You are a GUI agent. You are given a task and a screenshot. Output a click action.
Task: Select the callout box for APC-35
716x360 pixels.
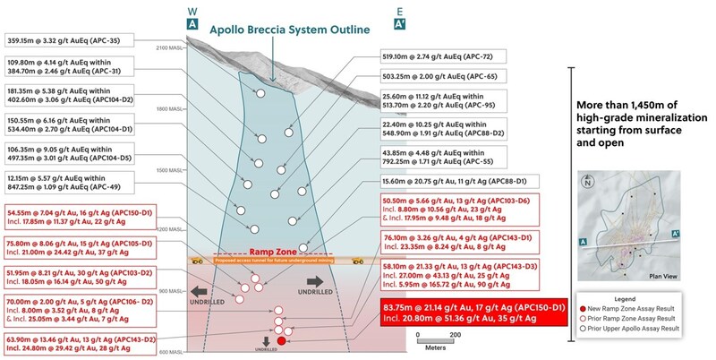(x=82, y=39)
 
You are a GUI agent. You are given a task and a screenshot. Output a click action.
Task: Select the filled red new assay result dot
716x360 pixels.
(x=282, y=340)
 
